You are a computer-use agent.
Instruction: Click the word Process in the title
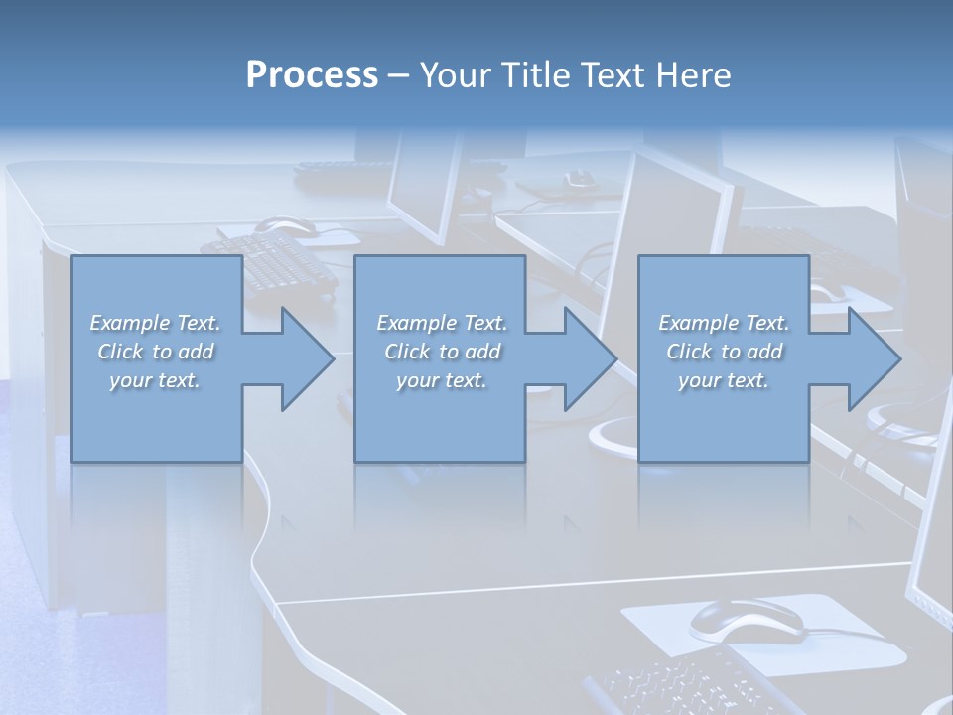(x=312, y=75)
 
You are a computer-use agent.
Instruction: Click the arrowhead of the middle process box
(x=590, y=358)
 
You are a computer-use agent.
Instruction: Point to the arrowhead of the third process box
(x=873, y=358)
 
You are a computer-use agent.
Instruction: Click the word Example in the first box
(x=129, y=323)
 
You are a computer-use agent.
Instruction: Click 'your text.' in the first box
(x=155, y=380)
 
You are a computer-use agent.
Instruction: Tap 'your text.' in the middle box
(x=442, y=380)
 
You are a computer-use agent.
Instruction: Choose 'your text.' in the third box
(x=724, y=380)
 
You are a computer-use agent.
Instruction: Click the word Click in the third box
(x=690, y=352)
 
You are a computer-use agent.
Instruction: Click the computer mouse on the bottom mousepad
(x=746, y=620)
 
